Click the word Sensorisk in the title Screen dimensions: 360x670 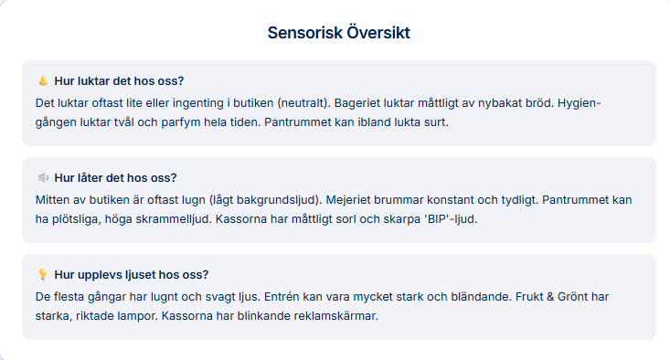[305, 33]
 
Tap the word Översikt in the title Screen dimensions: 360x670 [378, 33]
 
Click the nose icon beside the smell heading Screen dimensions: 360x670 [43, 80]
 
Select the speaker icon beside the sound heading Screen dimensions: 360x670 [43, 177]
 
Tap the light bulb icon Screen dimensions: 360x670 [43, 274]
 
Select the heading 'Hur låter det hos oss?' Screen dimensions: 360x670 [116, 177]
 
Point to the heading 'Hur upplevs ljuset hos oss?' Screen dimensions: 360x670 [132, 274]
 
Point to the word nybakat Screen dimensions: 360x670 [503, 101]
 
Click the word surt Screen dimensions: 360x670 [438, 122]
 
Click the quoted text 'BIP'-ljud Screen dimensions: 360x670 [441, 218]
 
